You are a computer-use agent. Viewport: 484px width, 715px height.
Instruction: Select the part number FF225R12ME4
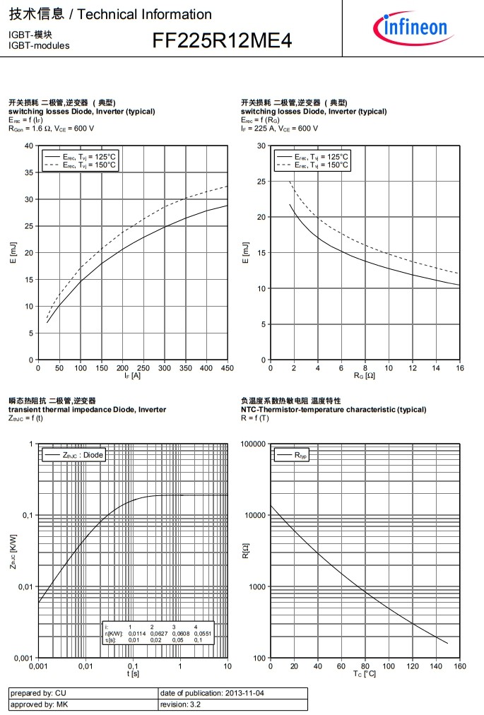(222, 42)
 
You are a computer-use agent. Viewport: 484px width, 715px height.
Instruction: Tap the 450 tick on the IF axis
(228, 367)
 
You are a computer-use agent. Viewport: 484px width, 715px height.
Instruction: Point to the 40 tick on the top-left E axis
(29, 146)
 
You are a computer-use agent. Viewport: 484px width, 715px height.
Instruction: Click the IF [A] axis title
(132, 375)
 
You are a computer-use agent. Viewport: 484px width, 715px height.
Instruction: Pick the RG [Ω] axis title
(365, 375)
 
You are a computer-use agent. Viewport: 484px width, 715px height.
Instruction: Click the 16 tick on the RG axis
(459, 367)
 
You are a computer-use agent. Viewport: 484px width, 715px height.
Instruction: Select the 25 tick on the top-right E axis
(261, 182)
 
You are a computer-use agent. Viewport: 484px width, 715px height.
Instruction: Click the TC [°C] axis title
(365, 674)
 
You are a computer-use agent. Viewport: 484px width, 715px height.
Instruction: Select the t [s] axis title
(133, 674)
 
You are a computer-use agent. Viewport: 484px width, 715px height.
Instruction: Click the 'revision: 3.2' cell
(233, 704)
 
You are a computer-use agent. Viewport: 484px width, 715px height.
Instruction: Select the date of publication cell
(233, 693)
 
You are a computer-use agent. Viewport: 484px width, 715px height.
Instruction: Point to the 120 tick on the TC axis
(412, 666)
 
